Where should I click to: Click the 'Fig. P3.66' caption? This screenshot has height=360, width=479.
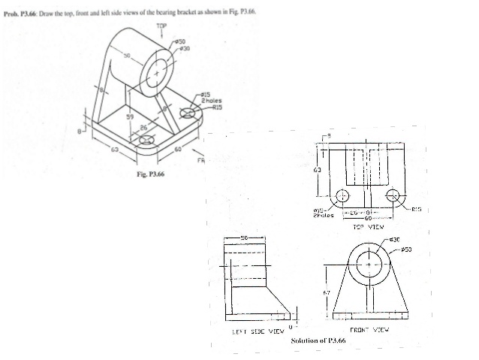coord(149,174)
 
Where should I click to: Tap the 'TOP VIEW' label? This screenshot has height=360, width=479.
coord(368,225)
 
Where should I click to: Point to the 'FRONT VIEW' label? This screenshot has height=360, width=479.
coord(369,330)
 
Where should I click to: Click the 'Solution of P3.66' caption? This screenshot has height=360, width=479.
coord(318,341)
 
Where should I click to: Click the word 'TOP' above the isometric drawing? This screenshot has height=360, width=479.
coord(161,26)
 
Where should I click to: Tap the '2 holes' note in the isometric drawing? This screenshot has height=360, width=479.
coord(210,101)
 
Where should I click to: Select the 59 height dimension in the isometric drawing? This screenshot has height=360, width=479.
coord(128,117)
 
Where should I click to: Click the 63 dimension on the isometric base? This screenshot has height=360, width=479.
coord(114,150)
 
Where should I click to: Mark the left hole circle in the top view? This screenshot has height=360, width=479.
coord(342,195)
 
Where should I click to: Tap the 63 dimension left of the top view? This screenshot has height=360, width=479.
coord(318,169)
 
